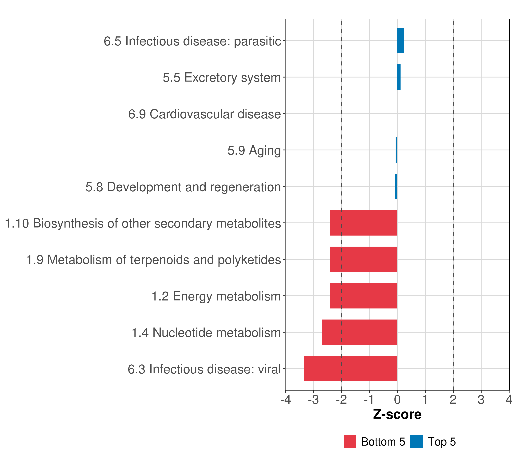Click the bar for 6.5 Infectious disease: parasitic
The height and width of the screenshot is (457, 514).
click(401, 41)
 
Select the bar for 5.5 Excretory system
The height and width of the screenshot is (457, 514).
click(399, 77)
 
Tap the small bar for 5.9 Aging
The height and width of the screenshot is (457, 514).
click(396, 150)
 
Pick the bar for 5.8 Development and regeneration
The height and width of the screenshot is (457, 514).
click(396, 186)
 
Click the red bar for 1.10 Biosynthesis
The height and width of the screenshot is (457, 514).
click(364, 223)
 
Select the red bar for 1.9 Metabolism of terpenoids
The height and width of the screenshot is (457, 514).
click(364, 259)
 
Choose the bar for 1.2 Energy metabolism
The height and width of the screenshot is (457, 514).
click(363, 296)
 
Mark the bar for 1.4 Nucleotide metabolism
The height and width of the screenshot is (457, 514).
click(360, 332)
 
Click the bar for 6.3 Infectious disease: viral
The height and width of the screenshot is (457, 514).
click(350, 369)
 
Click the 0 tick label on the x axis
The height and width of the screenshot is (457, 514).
click(397, 400)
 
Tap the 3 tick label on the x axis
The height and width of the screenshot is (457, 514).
click(481, 400)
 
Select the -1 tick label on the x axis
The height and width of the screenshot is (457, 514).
click(369, 400)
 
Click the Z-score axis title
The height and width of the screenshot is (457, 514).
click(397, 415)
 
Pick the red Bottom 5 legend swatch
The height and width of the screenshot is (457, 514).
click(350, 442)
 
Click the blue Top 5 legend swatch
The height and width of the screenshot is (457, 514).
click(416, 442)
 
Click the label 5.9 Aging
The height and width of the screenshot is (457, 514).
click(254, 151)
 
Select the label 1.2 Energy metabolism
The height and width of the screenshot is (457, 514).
click(216, 296)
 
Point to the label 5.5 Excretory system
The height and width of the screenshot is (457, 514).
click(222, 78)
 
